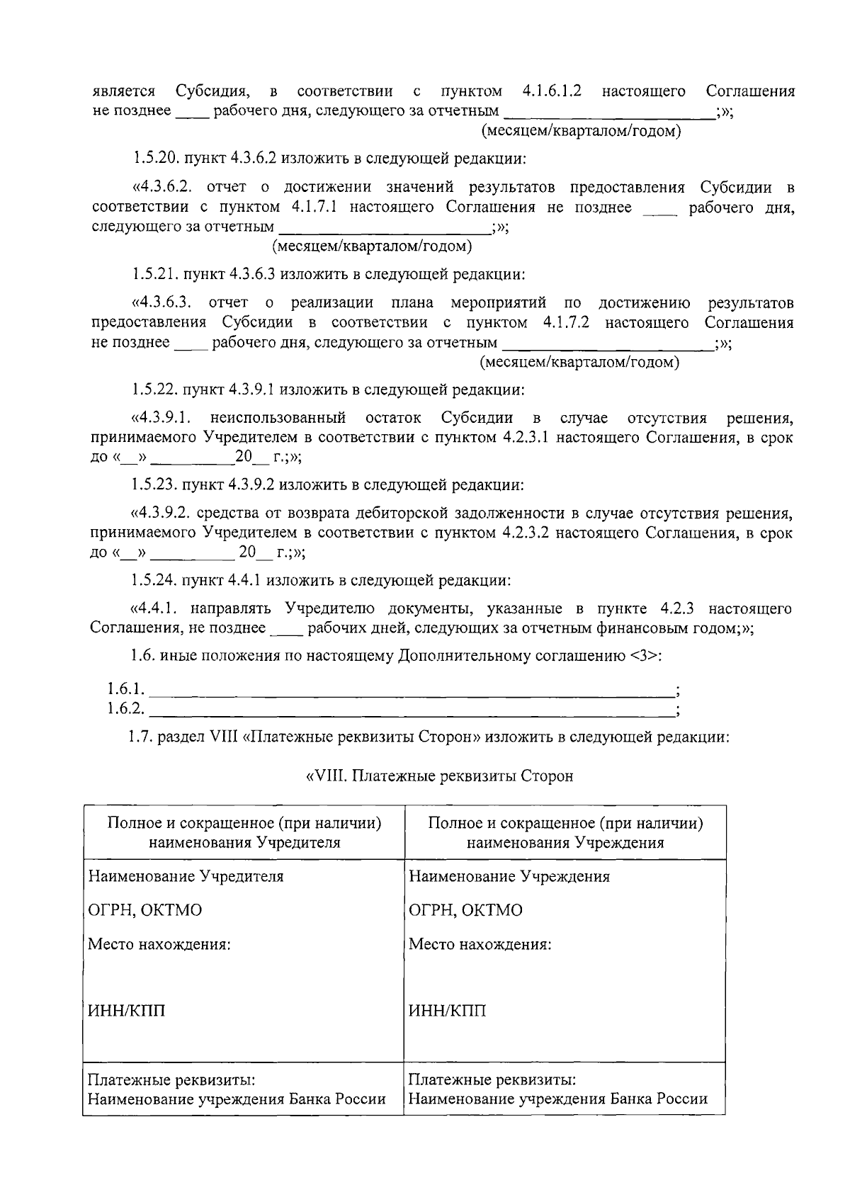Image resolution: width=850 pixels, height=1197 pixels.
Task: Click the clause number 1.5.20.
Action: (154, 158)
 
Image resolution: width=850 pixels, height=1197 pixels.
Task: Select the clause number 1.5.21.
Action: (154, 273)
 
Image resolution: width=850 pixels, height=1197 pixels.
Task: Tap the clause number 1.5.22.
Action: (154, 390)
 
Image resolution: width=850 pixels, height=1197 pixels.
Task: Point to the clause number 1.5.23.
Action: (154, 485)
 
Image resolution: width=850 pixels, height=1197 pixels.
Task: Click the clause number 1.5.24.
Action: (154, 581)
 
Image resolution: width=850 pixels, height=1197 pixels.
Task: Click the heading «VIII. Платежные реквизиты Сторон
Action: (439, 776)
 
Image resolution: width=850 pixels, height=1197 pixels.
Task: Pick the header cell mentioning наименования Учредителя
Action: (244, 832)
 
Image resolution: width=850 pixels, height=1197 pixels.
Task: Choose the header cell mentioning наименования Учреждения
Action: (565, 832)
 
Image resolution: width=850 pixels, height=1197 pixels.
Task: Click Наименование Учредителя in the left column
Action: (186, 876)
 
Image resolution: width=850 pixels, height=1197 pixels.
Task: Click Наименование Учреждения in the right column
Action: (509, 876)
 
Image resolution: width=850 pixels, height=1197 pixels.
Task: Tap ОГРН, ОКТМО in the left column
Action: (144, 910)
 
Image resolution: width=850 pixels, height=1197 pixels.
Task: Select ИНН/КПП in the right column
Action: (448, 1011)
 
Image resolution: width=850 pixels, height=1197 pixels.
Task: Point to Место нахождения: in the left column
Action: (159, 944)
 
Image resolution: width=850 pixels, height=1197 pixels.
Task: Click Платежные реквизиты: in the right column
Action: (492, 1080)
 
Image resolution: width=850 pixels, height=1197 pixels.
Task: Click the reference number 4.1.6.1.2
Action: (552, 91)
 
